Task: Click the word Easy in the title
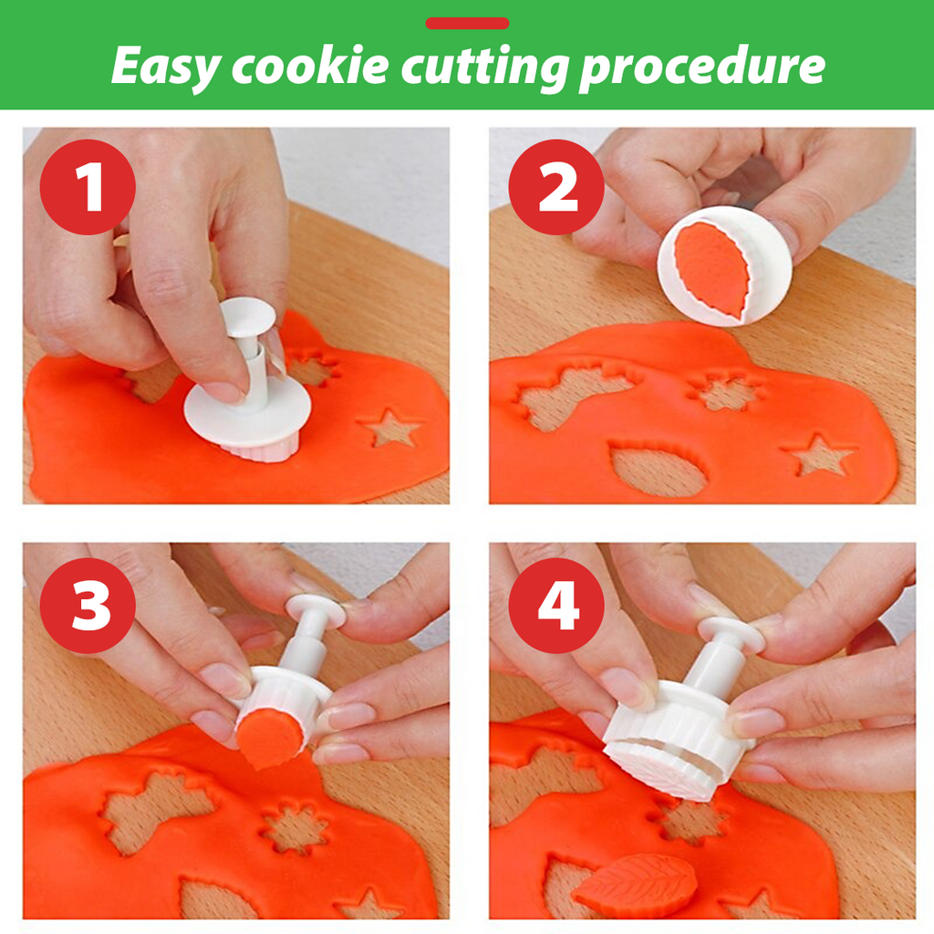[164, 67]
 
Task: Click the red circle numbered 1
[88, 187]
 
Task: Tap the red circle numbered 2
[556, 187]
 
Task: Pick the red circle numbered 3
[88, 603]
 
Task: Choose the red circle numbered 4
[556, 603]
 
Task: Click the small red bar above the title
[467, 24]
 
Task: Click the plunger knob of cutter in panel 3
[316, 611]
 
